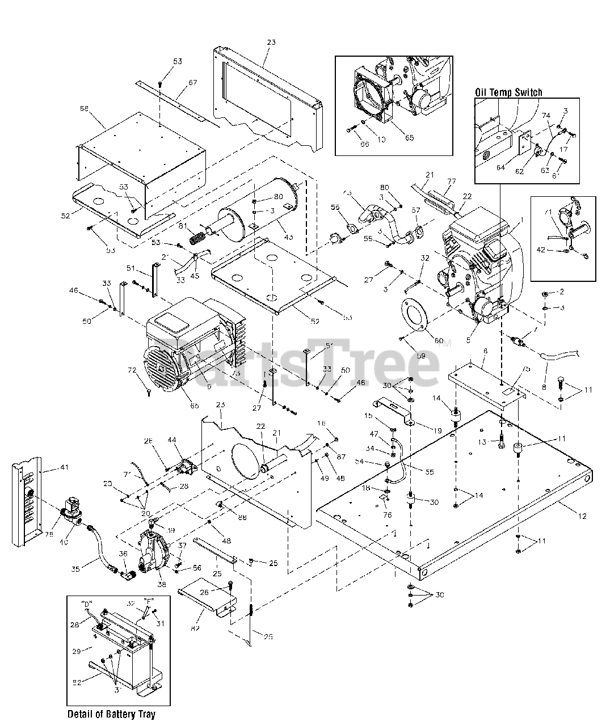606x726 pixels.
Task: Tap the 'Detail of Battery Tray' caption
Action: coord(111,714)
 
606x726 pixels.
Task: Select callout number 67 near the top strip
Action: coord(192,83)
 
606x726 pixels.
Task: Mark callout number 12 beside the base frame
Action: coord(583,516)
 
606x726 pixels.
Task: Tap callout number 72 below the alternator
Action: coord(132,370)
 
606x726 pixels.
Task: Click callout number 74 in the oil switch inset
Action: coord(546,115)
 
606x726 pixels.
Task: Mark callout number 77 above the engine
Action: coord(452,182)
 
